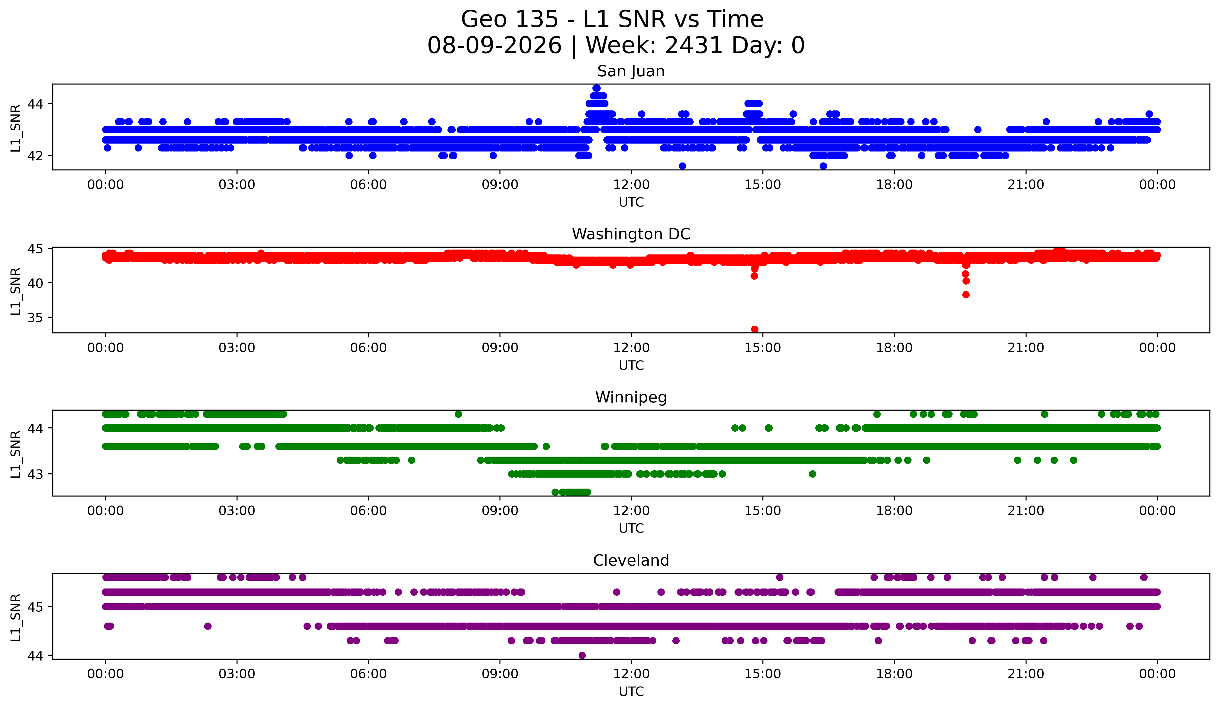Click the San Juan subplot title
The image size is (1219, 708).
click(x=631, y=71)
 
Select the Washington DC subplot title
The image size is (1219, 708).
click(x=631, y=234)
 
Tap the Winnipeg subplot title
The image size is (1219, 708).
click(x=631, y=397)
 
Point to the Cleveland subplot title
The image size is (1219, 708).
click(x=631, y=560)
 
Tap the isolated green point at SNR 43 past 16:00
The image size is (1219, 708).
click(x=813, y=474)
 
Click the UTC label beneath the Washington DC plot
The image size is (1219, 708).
click(x=631, y=365)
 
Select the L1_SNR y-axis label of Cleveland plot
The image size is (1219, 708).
click(x=15, y=617)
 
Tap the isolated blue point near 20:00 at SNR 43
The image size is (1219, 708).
click(x=978, y=130)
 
